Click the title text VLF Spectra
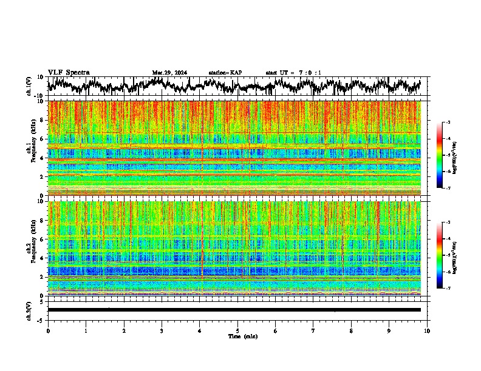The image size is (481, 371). click(69, 72)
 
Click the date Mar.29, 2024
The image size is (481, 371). click(169, 73)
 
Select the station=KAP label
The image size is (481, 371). click(225, 73)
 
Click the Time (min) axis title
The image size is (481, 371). click(242, 336)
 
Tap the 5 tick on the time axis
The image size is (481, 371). click(237, 330)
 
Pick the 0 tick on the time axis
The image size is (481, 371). click(48, 330)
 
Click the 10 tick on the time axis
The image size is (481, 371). click(427, 330)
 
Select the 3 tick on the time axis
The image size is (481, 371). click(162, 330)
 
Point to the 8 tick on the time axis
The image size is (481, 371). click(351, 330)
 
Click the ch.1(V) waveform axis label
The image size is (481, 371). click(29, 86)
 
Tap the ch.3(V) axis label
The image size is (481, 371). click(29, 310)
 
